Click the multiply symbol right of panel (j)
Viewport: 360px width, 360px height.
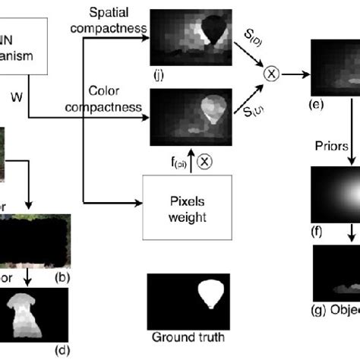pos(272,74)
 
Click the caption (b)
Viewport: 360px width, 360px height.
pos(62,276)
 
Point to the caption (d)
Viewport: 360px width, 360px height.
pos(62,350)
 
